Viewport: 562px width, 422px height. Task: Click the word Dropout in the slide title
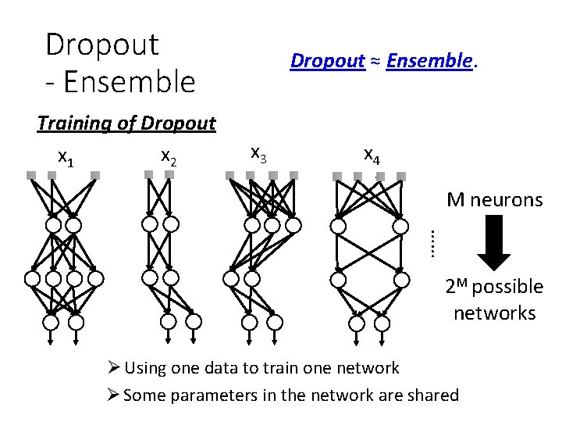pyautogui.click(x=102, y=45)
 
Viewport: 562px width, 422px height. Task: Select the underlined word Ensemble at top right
pyautogui.click(x=429, y=60)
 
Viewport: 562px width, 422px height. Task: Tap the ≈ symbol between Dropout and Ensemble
pyautogui.click(x=375, y=61)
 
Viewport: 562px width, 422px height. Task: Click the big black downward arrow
pyautogui.click(x=493, y=245)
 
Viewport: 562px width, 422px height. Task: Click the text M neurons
pyautogui.click(x=494, y=200)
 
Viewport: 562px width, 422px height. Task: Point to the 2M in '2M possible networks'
pyautogui.click(x=458, y=285)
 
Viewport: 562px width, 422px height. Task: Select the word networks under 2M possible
pyautogui.click(x=494, y=313)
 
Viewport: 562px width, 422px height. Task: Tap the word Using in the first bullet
pyautogui.click(x=144, y=367)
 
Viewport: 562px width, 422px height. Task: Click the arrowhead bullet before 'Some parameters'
pyautogui.click(x=115, y=395)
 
